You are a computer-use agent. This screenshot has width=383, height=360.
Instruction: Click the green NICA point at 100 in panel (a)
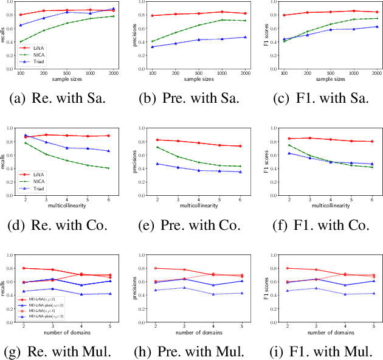click(21, 42)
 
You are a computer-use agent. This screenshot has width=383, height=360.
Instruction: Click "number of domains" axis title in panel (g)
click(66, 332)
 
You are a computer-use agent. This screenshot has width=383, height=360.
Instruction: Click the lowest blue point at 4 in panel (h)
click(213, 294)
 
